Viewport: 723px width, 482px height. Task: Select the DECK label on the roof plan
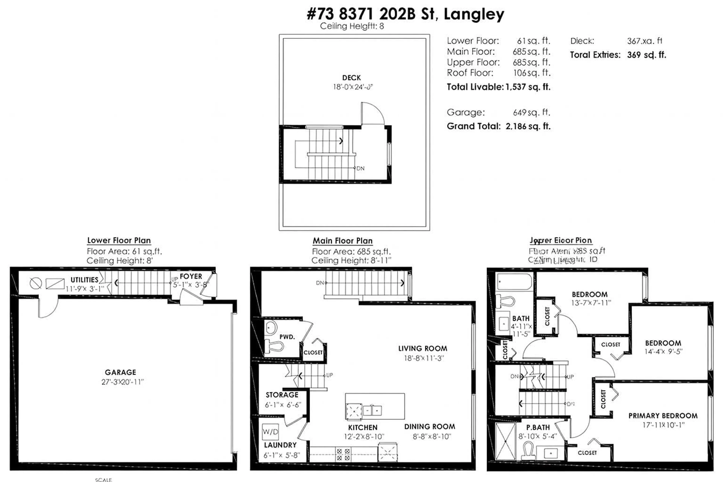351,78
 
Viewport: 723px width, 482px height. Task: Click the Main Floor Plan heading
342,241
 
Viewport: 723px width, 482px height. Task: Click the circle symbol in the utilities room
36,283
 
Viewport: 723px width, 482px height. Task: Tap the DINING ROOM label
429,427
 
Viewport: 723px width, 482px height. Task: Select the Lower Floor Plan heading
119,240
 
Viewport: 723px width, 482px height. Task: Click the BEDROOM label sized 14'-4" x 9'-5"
663,343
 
